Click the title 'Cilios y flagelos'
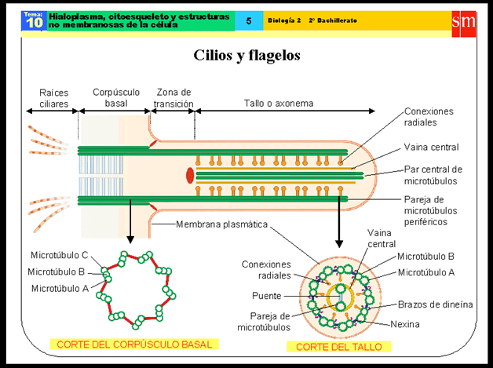click(x=246, y=56)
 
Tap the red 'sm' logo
click(x=464, y=21)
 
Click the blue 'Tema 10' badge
click(x=34, y=21)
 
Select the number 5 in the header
click(x=249, y=21)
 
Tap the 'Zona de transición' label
click(x=173, y=98)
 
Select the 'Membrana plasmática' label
click(x=222, y=224)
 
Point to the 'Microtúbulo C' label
click(x=60, y=256)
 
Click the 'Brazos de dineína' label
click(x=435, y=304)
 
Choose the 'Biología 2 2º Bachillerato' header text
click(x=312, y=21)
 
